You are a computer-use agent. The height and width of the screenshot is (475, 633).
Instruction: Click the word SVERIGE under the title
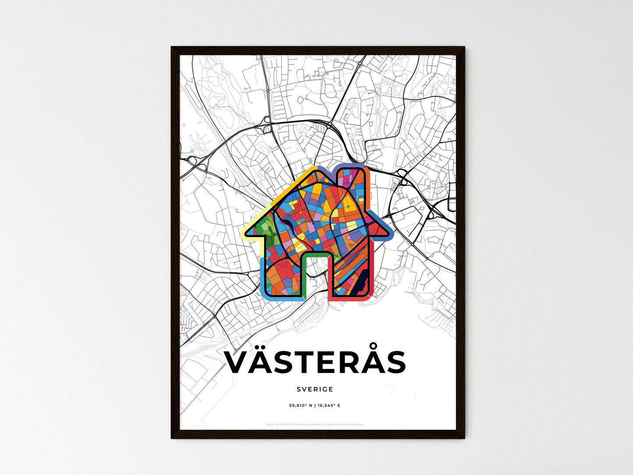click(x=315, y=389)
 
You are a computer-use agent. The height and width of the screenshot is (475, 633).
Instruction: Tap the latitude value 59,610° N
click(x=301, y=406)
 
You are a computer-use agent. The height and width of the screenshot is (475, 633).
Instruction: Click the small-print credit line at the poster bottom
click(x=315, y=424)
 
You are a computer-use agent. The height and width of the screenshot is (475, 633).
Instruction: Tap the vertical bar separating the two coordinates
click(x=315, y=406)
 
